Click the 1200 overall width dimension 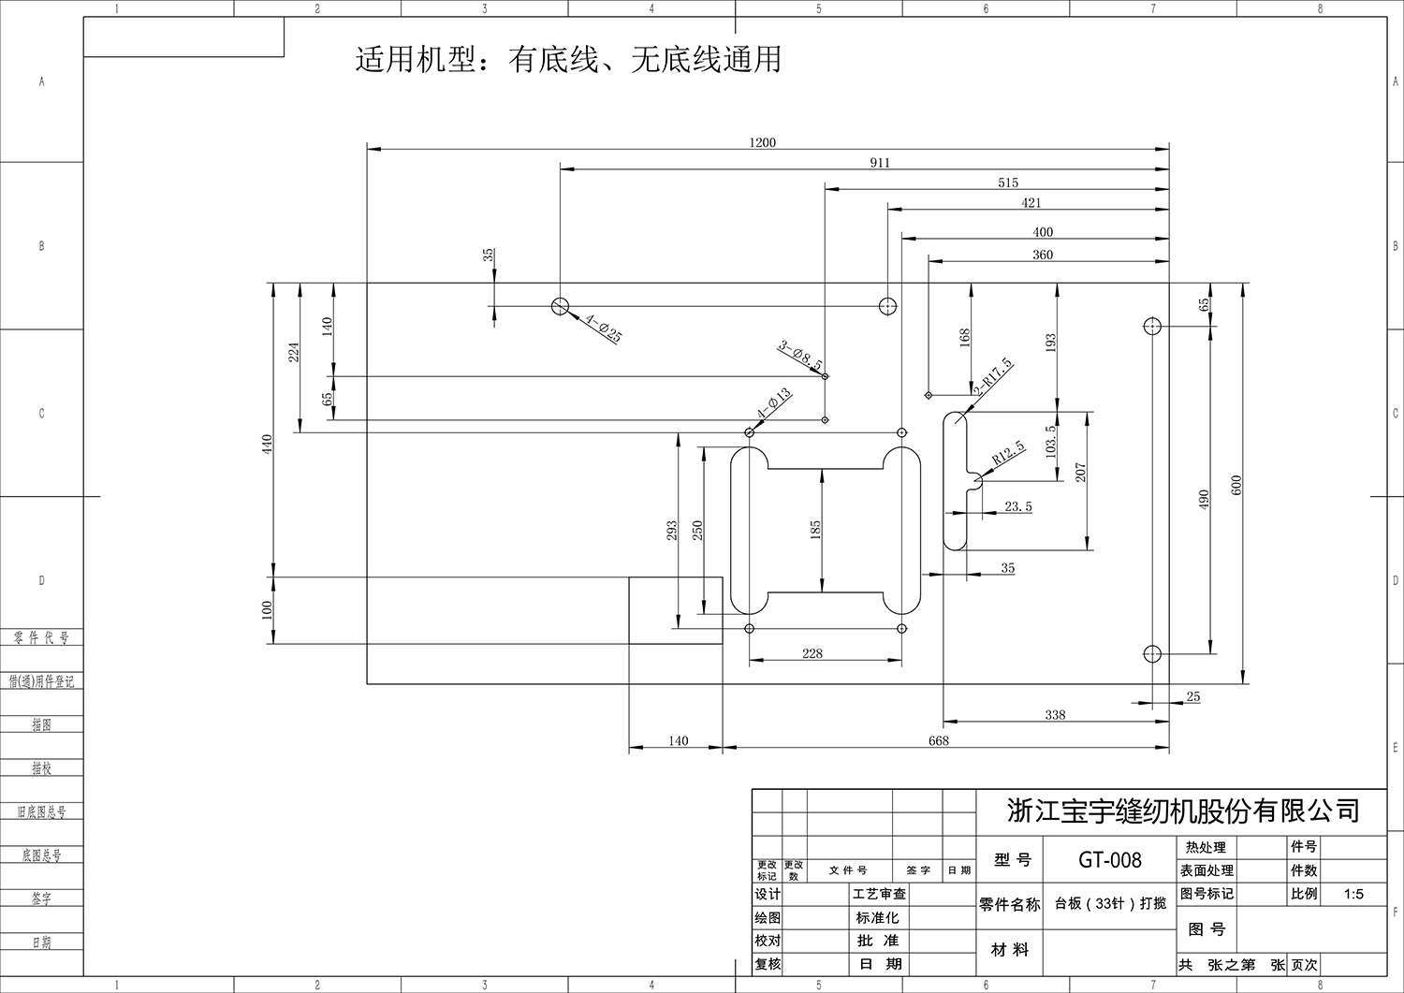point(762,142)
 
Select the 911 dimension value point(880,162)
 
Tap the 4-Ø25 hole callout point(604,329)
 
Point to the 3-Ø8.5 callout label point(800,355)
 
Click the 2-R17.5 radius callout point(993,376)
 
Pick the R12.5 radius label point(1009,454)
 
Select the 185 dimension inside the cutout point(815,530)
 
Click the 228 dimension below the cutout point(812,653)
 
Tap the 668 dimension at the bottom point(938,740)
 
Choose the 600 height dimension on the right point(1236,485)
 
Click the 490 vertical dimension point(1204,499)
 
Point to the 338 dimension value point(1055,714)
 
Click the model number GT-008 point(1109,859)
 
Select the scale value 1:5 point(1353,894)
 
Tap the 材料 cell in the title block point(1009,949)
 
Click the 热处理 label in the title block point(1205,847)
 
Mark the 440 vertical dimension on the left point(266,443)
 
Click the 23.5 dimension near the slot point(1017,506)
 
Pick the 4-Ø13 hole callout point(774,404)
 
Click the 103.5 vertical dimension point(1049,441)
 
